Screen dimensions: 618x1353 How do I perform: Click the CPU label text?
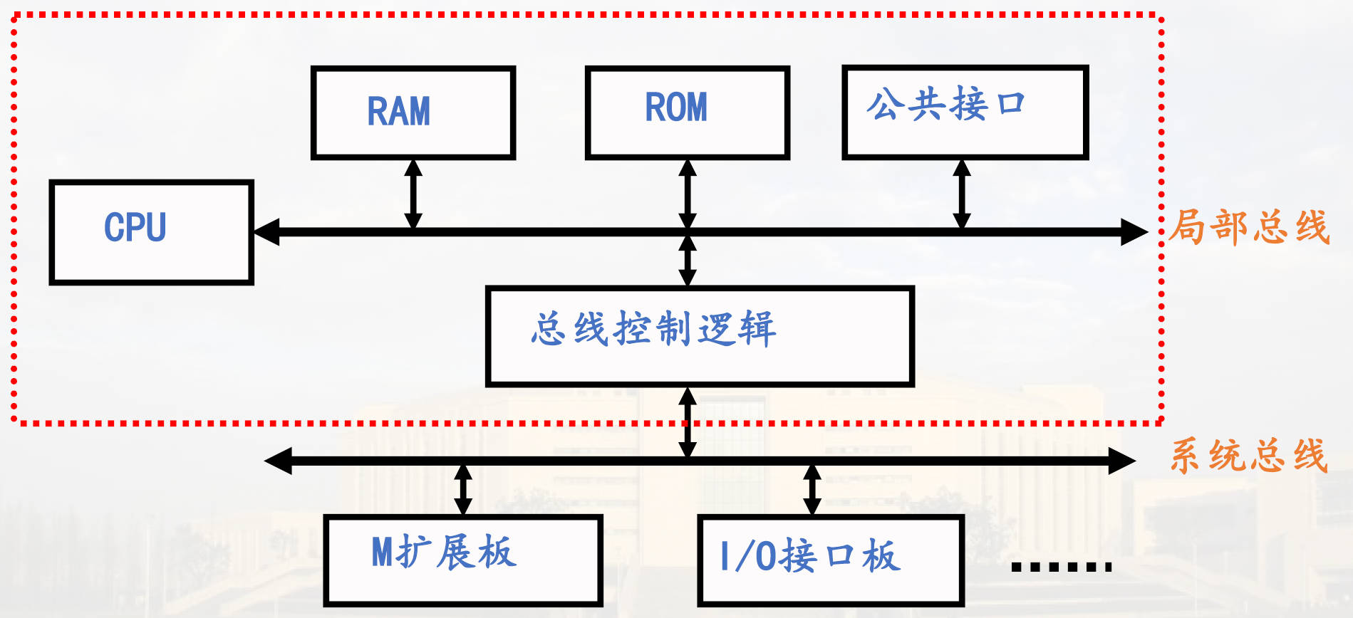tap(135, 228)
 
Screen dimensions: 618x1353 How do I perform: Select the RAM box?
tap(413, 112)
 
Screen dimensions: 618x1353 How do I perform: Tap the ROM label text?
tap(676, 108)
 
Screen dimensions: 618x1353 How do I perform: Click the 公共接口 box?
tap(965, 112)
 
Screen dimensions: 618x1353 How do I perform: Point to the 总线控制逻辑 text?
tap(653, 329)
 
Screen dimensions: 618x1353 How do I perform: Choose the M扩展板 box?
tap(463, 560)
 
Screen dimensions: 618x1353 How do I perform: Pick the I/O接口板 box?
tap(831, 561)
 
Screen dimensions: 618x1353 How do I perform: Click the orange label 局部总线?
tap(1249, 228)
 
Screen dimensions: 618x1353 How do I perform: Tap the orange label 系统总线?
tap(1249, 456)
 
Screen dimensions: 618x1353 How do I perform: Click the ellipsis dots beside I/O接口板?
tap(1061, 567)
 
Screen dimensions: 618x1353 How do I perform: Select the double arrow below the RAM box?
tap(413, 194)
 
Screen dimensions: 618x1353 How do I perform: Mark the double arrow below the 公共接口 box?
tap(962, 194)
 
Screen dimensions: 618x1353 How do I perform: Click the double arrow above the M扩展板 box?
tap(463, 489)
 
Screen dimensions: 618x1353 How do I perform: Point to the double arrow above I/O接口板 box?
tap(812, 489)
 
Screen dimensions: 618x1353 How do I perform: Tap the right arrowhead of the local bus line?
tap(1134, 232)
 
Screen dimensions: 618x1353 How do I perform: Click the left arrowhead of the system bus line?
tap(278, 461)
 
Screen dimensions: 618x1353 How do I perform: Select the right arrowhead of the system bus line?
tap(1121, 461)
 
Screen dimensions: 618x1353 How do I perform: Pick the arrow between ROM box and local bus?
tap(688, 194)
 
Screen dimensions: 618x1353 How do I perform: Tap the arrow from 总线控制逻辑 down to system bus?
tap(688, 421)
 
